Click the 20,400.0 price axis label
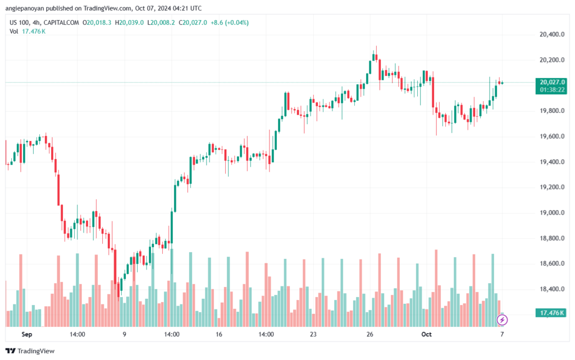pos(552,34)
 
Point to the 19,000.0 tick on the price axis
pos(552,213)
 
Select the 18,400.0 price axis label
pos(552,289)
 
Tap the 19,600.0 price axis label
pos(552,136)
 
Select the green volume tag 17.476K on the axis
pos(551,313)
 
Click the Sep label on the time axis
pos(27,334)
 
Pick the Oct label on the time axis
pos(427,334)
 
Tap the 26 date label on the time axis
pos(369,334)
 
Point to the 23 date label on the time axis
pos(313,334)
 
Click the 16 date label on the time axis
pos(219,334)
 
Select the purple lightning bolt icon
pos(502,320)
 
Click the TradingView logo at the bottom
pos(30,351)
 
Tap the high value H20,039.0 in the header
pos(130,22)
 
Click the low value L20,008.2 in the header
pos(161,22)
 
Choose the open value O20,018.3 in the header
pos(97,22)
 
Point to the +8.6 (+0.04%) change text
pos(230,22)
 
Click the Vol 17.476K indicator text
pos(28,31)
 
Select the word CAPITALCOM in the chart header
pos(61,22)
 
